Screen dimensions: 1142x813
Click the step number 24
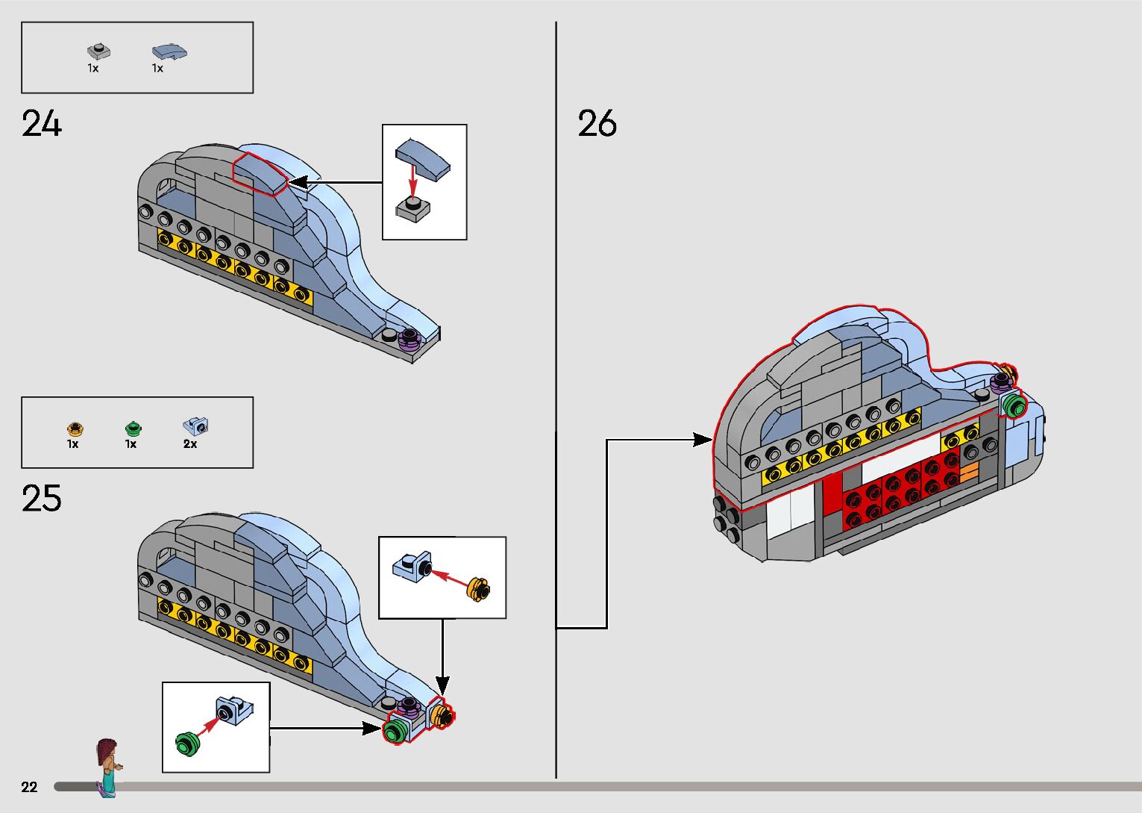click(x=41, y=123)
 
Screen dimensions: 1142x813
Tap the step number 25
click(x=41, y=498)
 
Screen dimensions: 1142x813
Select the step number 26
click(x=597, y=123)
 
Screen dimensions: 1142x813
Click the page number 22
click(x=29, y=787)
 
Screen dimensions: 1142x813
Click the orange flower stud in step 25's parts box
click(x=75, y=429)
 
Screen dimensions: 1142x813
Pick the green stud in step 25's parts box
click(x=133, y=429)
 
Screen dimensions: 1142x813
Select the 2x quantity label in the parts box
click(x=190, y=444)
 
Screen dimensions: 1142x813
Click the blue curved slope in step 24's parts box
click(x=169, y=52)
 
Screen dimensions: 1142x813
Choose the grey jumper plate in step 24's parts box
click(x=99, y=52)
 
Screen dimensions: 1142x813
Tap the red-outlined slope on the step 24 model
click(x=260, y=174)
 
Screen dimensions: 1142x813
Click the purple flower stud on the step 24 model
click(x=408, y=339)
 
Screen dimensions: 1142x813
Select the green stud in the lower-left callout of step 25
click(x=188, y=744)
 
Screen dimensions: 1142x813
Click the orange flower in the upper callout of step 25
click(x=478, y=590)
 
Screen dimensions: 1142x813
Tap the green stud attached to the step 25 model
click(x=392, y=733)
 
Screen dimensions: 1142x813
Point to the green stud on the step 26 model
click(x=1014, y=405)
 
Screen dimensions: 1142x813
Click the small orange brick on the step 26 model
click(x=969, y=472)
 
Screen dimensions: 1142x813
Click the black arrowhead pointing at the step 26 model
click(x=703, y=440)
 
